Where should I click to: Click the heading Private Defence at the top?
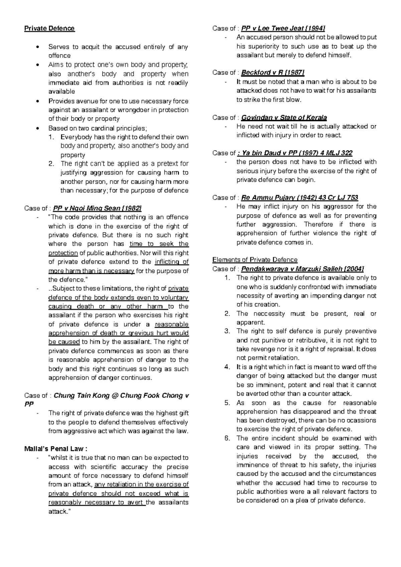click(49, 28)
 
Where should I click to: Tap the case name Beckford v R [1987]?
click(273, 73)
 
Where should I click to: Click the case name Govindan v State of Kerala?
click(284, 117)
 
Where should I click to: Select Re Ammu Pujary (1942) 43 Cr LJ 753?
click(299, 198)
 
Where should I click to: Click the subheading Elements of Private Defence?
click(255, 260)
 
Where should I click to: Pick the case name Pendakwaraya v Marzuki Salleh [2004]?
click(302, 269)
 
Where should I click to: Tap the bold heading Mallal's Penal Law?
click(56, 449)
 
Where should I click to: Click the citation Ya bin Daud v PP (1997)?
click(296, 153)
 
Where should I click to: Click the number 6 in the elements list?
click(227, 438)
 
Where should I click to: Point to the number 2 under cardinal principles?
click(51, 164)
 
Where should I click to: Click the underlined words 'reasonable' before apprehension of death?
click(172, 324)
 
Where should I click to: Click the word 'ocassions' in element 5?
click(362, 421)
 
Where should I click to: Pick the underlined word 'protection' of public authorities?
click(63, 253)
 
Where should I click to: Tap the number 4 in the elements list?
click(227, 367)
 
